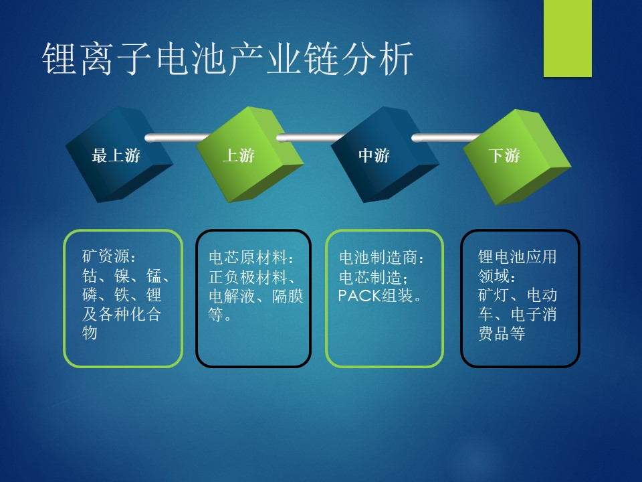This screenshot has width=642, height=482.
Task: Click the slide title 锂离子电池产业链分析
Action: (227, 59)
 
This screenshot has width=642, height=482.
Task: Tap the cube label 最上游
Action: (116, 156)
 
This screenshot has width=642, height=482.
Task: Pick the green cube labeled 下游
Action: (517, 157)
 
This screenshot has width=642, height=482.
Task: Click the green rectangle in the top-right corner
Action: (568, 38)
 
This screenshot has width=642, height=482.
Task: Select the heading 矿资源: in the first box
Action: (109, 256)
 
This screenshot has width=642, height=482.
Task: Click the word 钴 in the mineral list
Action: (90, 276)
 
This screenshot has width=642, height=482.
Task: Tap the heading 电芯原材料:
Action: (251, 257)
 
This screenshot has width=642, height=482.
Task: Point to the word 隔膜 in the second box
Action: (288, 296)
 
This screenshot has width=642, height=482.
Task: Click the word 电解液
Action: (232, 296)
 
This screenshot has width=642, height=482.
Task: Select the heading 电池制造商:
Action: (382, 257)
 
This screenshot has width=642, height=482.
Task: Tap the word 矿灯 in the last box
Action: (494, 295)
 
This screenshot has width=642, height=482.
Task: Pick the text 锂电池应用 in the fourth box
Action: (517, 257)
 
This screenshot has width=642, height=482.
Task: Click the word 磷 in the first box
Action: (90, 295)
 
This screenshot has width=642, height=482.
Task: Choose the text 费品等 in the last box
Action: (502, 333)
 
